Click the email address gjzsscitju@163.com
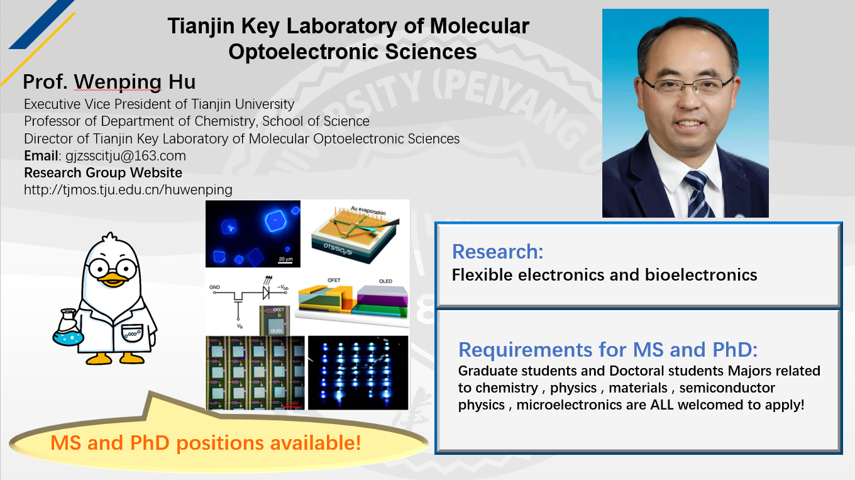126,156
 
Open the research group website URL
128,190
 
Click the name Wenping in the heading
118,82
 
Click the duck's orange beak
113,280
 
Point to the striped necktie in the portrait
698,194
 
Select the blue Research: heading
497,252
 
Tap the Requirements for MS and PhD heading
608,349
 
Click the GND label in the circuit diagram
214,287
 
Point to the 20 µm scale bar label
285,259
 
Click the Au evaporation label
368,210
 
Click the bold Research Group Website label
103,172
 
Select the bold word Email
41,156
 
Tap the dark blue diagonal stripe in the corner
41,25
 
